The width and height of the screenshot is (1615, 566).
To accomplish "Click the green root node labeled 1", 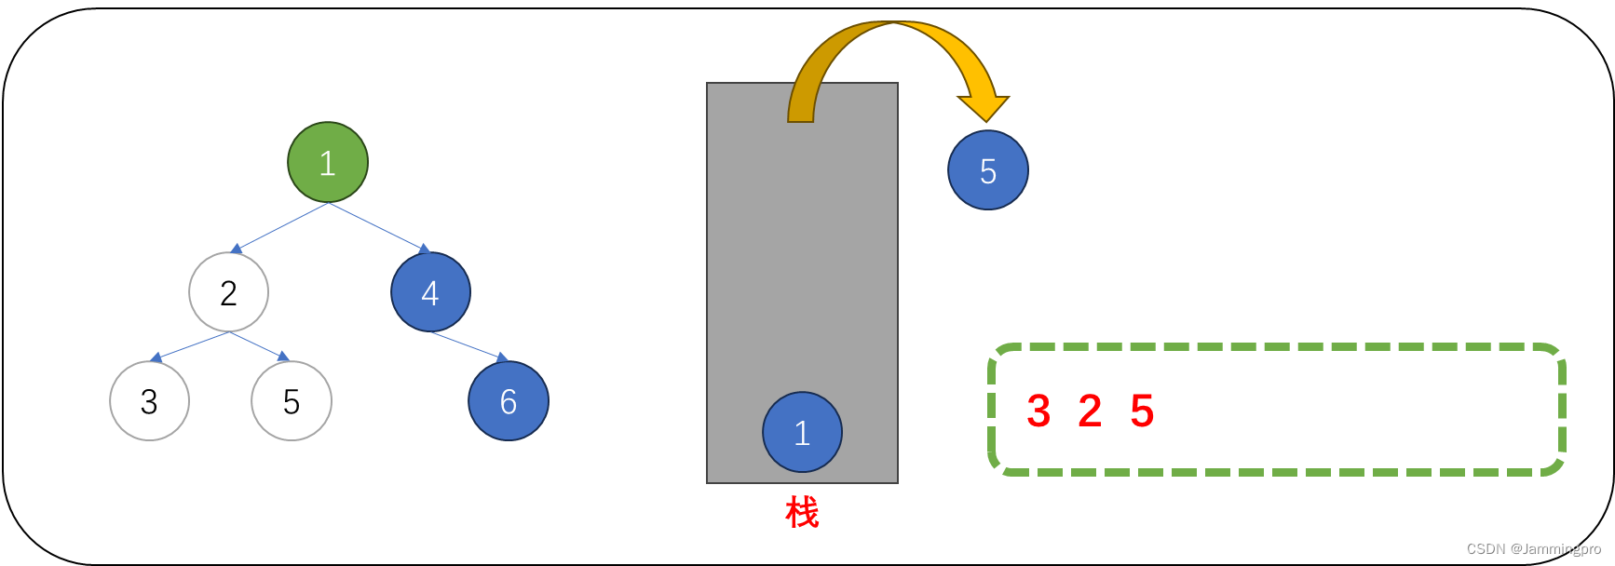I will point(328,162).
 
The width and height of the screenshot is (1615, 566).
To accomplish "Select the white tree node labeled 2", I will point(228,292).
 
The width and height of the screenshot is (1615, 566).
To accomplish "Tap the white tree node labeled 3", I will point(149,401).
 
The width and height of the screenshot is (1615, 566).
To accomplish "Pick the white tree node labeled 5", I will point(292,401).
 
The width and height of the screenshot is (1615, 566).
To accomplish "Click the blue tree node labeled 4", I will point(430,292).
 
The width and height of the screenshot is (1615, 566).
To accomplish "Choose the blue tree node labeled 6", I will point(509,401).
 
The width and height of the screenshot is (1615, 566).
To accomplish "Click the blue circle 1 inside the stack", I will point(802,432).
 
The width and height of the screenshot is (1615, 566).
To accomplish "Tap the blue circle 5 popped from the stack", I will point(988,170).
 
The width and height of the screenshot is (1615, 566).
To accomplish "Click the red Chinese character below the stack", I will point(802,512).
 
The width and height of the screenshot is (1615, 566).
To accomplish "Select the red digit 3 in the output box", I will point(1038,411).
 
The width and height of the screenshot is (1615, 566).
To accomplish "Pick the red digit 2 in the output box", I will point(1090,411).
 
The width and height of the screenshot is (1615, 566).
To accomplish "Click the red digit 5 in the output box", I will point(1142,411).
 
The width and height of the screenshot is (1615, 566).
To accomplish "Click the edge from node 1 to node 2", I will point(280,227).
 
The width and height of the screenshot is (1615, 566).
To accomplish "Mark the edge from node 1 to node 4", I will point(378,227).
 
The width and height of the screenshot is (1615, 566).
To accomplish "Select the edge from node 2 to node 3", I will point(191,346).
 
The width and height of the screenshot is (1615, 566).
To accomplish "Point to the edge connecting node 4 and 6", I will point(468,346).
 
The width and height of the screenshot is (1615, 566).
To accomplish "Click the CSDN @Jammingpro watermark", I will point(1533,549).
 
